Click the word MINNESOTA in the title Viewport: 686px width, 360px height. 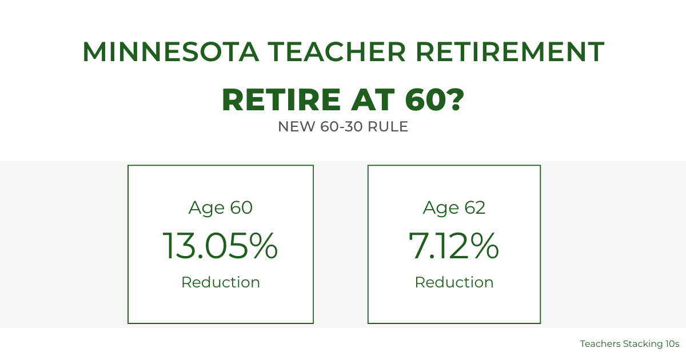pos(170,52)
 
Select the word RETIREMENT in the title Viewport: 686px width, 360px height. pos(510,52)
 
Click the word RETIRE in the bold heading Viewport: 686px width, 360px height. pos(280,100)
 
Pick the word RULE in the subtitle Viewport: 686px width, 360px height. pos(388,127)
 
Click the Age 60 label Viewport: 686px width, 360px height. pos(220,208)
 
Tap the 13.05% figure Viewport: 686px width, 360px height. pos(220,246)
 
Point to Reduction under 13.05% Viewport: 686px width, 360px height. pos(220,282)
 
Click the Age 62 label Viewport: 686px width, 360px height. pos(454,208)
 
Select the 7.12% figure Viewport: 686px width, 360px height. pos(454,246)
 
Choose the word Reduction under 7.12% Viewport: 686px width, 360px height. pos(454,282)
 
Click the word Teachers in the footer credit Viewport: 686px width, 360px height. pos(599,344)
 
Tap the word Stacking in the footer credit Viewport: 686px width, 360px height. pos(643,344)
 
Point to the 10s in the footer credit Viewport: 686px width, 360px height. pos(672,344)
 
